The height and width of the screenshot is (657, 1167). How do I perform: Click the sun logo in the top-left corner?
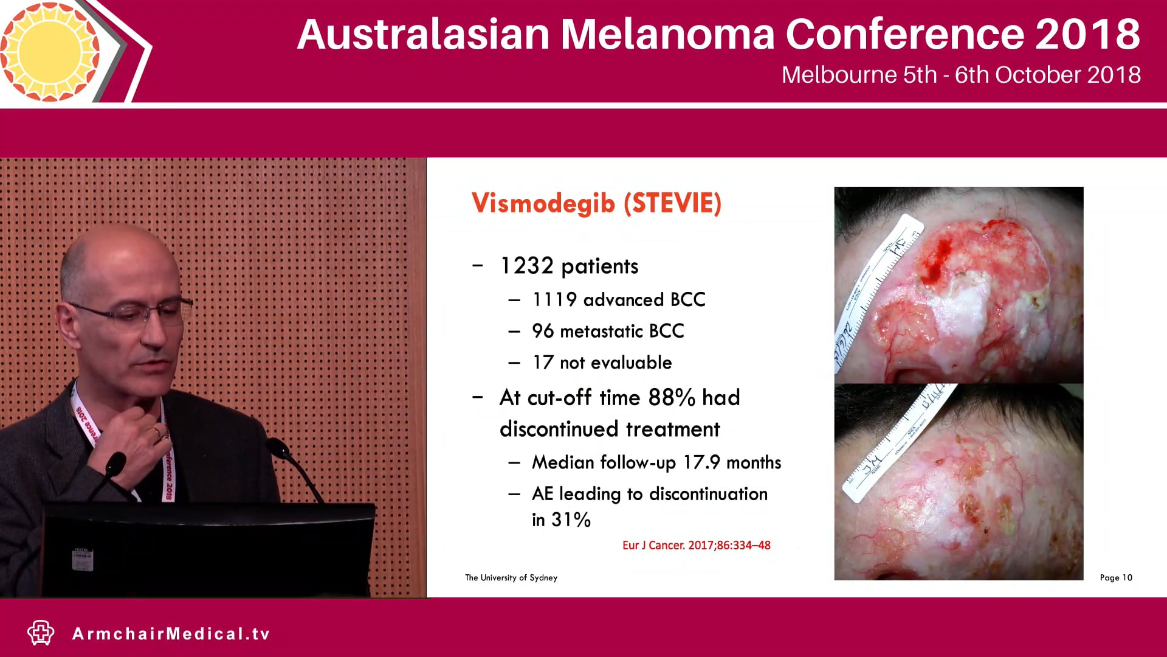point(50,51)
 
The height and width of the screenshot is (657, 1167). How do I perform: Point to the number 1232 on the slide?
point(526,266)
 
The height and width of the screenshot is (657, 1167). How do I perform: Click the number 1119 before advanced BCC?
point(554,299)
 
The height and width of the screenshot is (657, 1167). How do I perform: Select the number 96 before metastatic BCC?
point(543,331)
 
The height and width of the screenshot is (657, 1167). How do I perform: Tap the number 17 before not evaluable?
point(542,363)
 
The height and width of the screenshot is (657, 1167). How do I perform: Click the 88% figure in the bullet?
point(671,398)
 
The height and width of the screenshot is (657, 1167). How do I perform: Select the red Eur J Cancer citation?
point(696,545)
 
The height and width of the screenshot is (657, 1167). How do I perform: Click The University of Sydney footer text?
point(511,577)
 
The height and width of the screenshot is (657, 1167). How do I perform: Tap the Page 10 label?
point(1116,577)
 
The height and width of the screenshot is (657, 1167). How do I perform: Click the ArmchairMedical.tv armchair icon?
point(41,633)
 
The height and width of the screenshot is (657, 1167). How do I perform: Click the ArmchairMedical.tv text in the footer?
point(171,634)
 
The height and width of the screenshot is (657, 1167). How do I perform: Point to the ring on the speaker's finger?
point(156,432)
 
